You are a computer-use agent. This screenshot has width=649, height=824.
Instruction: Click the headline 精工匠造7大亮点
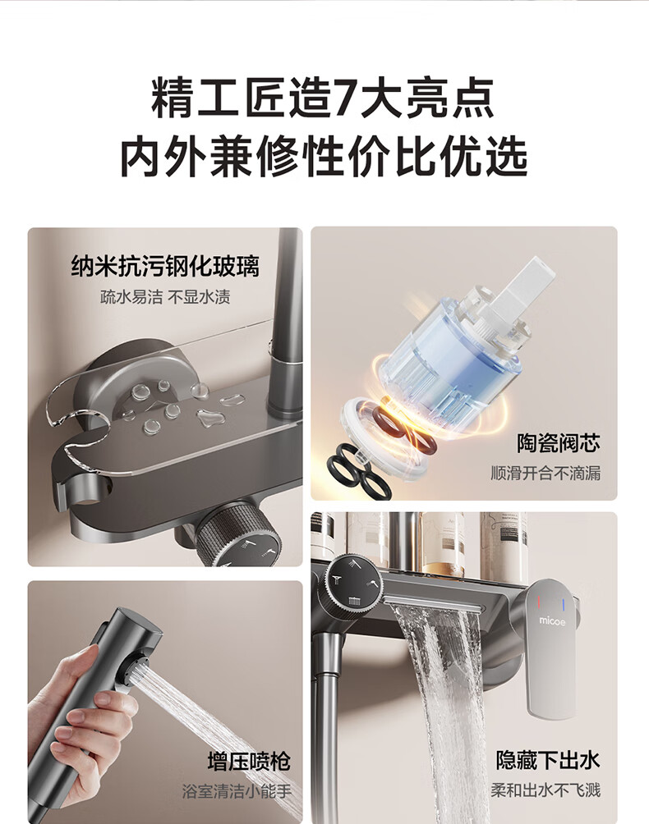[x=324, y=98]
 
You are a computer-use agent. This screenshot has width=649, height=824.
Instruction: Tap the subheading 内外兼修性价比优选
[x=324, y=156]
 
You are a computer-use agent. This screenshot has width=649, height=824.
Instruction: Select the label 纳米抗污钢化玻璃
[x=165, y=266]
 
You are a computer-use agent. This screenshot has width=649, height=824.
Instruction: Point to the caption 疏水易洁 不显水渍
[x=165, y=297]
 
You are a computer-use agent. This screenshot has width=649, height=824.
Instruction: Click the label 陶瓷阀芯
[x=558, y=443]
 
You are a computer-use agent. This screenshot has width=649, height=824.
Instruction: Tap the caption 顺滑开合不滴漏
[x=545, y=473]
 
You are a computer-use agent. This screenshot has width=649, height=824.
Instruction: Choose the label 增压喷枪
[x=249, y=762]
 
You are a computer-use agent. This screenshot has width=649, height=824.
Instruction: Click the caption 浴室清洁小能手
[x=237, y=791]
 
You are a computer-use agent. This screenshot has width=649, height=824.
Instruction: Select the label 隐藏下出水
[x=547, y=761]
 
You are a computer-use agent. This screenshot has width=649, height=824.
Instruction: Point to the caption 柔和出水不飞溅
[x=545, y=790]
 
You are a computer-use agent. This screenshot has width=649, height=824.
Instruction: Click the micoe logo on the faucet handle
[x=552, y=621]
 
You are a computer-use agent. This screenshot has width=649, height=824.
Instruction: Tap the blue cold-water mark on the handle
[x=564, y=606]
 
